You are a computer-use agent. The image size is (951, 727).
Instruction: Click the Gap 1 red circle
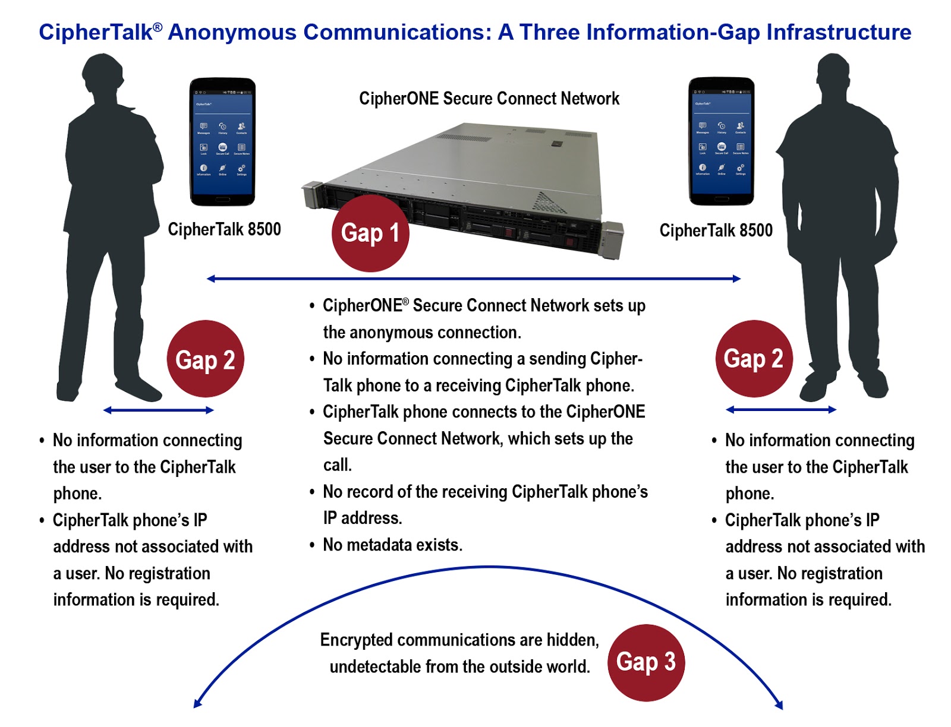coord(370,233)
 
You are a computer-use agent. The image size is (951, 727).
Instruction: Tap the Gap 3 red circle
coord(646,662)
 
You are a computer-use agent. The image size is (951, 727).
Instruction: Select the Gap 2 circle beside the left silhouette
coord(206,359)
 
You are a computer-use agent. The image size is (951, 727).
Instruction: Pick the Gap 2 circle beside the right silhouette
coord(754,359)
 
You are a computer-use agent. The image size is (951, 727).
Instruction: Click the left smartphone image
coord(222,142)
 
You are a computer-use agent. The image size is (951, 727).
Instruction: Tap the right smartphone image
coord(721,141)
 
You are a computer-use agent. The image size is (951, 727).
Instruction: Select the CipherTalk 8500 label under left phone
coord(224,229)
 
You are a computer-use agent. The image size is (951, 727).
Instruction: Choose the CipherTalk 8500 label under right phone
coord(716,230)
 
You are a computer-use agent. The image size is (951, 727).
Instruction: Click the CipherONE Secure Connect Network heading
coord(489,99)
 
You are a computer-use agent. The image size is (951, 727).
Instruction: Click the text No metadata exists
coord(392,545)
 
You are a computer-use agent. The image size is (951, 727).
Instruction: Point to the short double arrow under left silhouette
coord(158,410)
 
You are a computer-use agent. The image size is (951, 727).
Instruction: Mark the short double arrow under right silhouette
coord(781,409)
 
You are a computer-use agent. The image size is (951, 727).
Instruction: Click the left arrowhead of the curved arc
coord(198,704)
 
